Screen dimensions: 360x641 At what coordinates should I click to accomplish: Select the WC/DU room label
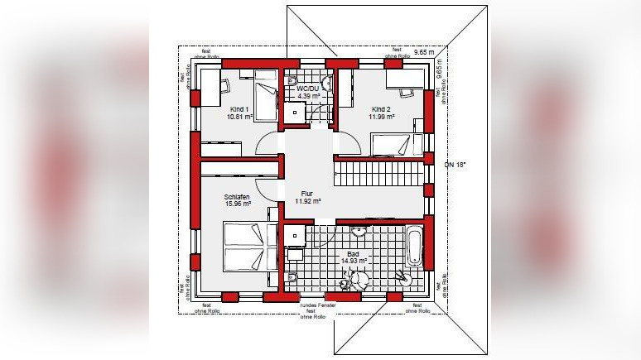[x=308, y=88]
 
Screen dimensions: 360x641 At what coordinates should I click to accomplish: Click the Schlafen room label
[x=237, y=197]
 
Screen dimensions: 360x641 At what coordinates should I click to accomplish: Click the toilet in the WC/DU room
[x=293, y=80]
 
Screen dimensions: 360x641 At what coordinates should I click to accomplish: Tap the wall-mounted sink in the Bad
[x=359, y=228]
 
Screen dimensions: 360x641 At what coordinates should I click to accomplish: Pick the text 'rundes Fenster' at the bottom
[x=312, y=305]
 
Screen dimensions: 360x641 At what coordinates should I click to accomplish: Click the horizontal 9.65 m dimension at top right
[x=424, y=52]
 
